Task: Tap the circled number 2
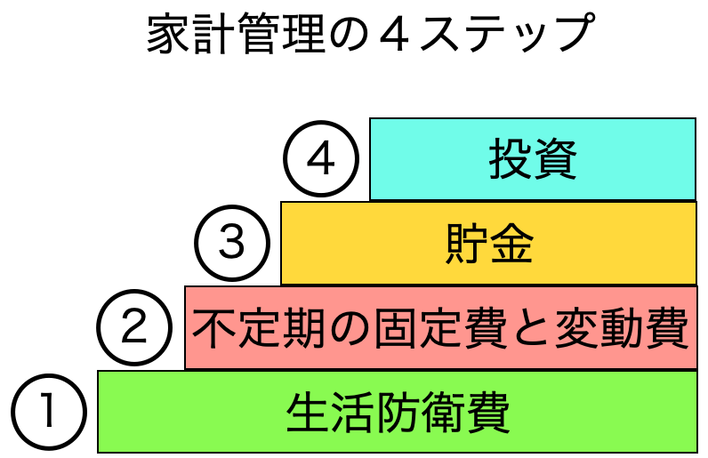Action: point(133,327)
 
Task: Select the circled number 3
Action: point(231,243)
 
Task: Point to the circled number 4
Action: point(320,160)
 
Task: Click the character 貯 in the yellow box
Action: point(465,244)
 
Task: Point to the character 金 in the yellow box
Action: point(511,244)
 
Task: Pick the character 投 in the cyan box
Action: point(510,161)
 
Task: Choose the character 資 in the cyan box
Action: point(556,161)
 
